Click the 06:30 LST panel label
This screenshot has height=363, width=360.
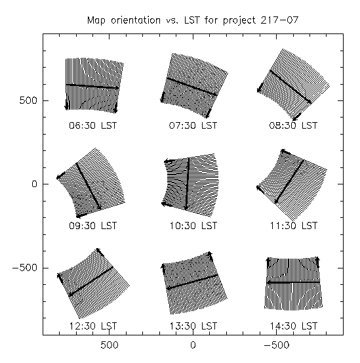click(x=93, y=125)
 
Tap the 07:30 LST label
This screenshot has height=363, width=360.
click(x=193, y=125)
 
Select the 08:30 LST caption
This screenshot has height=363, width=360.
click(x=293, y=125)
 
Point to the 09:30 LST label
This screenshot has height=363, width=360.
click(x=93, y=226)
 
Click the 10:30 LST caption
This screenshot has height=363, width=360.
click(x=193, y=226)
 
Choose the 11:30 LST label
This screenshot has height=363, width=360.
click(x=294, y=226)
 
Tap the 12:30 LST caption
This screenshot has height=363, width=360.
click(x=93, y=326)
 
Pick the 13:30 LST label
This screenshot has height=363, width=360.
click(x=193, y=326)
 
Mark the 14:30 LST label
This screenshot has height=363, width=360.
click(x=294, y=326)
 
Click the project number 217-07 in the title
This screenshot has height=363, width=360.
click(x=279, y=20)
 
